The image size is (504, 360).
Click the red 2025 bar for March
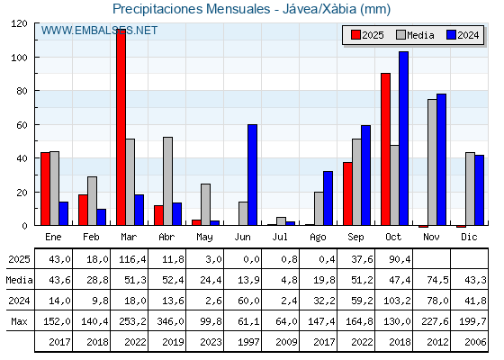click(121, 127)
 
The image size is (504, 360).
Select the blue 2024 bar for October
click(403, 139)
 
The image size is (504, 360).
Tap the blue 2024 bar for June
click(252, 175)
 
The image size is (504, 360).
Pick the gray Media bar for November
click(432, 162)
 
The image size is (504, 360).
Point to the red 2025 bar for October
click(385, 149)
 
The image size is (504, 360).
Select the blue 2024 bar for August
click(328, 198)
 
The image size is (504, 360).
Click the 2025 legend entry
click(366, 35)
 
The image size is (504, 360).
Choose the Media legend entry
click(413, 35)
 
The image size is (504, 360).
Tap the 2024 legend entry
click(461, 35)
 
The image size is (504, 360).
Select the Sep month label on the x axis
click(356, 237)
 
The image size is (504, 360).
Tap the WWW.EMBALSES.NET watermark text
click(99, 31)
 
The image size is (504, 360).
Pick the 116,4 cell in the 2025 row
click(130, 259)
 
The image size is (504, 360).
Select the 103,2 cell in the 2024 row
click(394, 301)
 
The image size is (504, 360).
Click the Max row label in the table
click(17, 321)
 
